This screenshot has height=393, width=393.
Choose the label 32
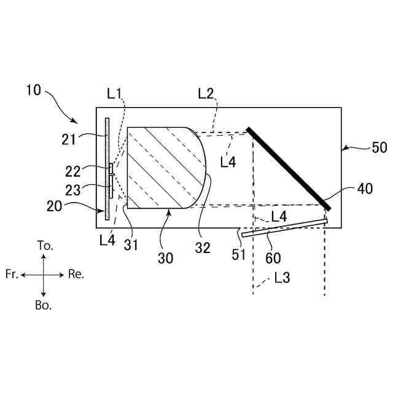[x=202, y=247]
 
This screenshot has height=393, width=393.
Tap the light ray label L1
[x=114, y=93]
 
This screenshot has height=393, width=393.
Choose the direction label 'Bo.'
[x=44, y=306]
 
